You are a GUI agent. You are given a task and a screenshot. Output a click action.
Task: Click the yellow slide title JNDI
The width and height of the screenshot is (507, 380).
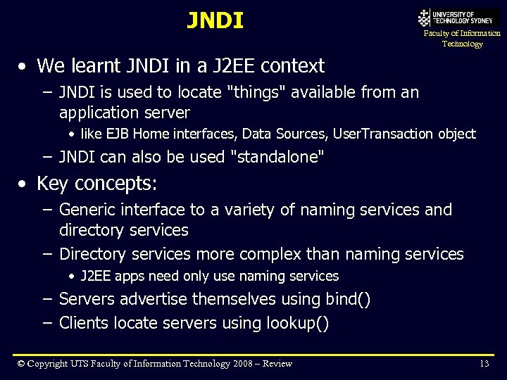(215, 20)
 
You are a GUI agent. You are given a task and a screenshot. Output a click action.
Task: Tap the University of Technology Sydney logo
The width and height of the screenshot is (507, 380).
(458, 18)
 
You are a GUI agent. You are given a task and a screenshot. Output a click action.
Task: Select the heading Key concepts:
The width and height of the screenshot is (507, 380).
(97, 184)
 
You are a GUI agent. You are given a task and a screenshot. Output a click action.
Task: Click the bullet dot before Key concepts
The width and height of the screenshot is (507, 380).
(24, 184)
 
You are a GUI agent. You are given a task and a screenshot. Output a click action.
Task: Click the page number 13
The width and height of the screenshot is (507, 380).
(484, 363)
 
